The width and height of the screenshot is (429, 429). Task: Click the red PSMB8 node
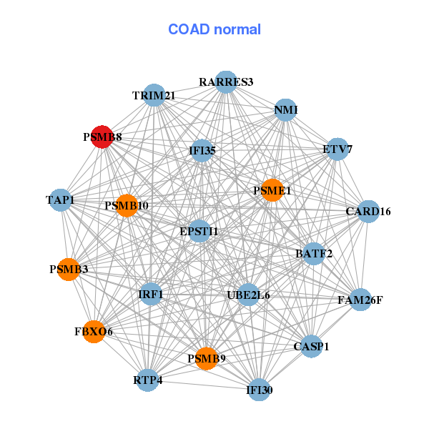coord(102,137)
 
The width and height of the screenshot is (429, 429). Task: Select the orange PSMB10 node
coord(127,206)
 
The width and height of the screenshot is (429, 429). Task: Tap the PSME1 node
coord(272,190)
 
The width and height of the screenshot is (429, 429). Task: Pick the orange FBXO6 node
coord(94,332)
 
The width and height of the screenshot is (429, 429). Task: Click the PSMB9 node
coord(207,358)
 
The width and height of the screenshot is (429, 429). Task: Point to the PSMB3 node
coord(69,270)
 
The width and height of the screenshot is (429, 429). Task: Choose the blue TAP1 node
coord(61,200)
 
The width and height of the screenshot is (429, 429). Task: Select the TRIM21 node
coord(154,95)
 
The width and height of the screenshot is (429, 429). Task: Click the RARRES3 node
coord(226,82)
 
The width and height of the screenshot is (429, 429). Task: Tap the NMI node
coord(285,110)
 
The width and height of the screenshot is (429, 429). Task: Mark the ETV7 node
coord(337,149)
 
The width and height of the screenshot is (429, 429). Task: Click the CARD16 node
coord(368,212)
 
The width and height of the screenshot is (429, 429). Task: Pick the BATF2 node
coord(314,254)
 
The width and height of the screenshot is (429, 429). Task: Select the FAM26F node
coord(360,300)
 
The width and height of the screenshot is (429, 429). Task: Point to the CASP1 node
coord(311,346)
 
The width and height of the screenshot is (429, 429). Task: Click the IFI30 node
coord(259,390)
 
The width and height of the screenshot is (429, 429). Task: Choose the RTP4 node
coord(148,380)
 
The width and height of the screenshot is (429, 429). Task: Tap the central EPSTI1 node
coord(199,231)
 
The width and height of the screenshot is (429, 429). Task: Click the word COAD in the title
coord(189,29)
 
